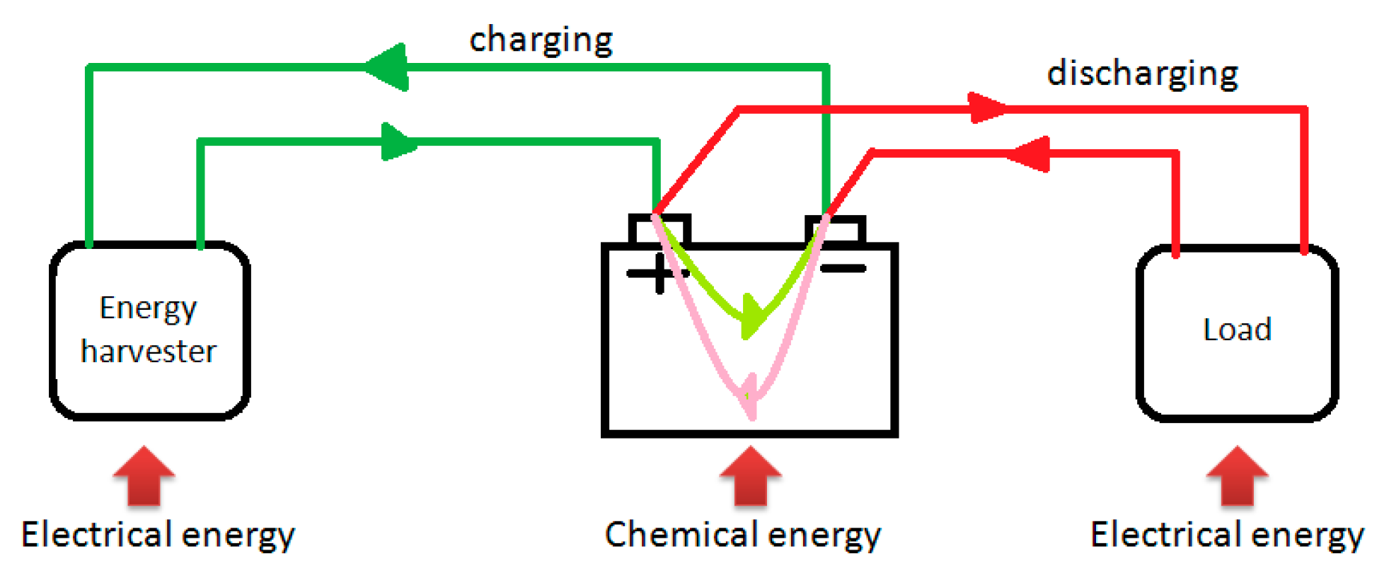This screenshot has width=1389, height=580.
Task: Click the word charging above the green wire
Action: [x=541, y=40]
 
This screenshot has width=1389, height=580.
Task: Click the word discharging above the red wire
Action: [x=1142, y=74]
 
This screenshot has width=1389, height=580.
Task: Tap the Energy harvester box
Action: [x=149, y=331]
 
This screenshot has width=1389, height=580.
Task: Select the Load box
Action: [x=1236, y=332]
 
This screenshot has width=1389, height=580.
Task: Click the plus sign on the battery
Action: [x=657, y=273]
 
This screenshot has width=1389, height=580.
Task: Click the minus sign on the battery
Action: [x=843, y=269]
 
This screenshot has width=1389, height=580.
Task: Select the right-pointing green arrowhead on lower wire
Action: [x=398, y=141]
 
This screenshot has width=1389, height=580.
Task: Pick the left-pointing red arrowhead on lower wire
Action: [x=1030, y=153]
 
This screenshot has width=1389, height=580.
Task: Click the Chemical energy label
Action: [x=742, y=534]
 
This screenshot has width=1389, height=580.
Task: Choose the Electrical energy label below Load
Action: [x=1226, y=534]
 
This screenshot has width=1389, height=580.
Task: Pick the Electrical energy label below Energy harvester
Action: [x=157, y=534]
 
